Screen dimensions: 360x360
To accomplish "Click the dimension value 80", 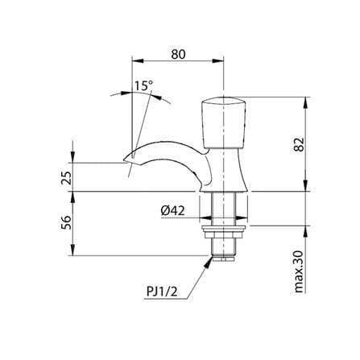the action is point(178,55).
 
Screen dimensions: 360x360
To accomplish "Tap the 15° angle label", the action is point(143,85).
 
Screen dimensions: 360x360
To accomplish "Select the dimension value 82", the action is point(299,145).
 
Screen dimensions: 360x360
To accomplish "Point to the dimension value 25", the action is point(66,177).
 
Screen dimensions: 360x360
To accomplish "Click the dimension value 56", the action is point(66,222).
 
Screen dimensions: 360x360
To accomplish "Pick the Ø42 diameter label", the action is point(172,210).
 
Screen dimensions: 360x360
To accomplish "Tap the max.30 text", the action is point(299,271).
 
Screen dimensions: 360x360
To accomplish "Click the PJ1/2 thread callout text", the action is point(162,292).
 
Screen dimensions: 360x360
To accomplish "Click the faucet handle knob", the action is point(224,122).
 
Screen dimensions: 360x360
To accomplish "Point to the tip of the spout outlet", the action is point(123,162).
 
